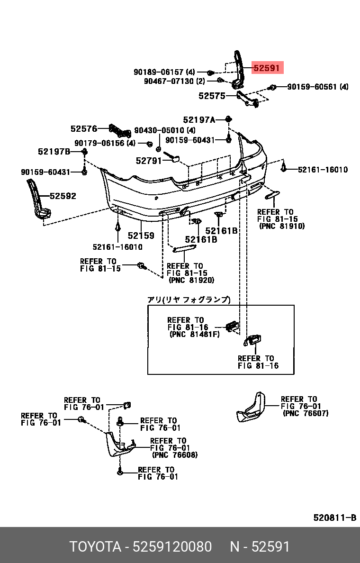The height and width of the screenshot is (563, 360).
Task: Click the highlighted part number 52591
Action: [267, 68]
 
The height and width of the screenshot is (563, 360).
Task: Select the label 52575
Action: [212, 96]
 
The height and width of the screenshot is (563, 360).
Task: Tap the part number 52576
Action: [84, 128]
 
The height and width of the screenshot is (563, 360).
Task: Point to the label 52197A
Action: [199, 120]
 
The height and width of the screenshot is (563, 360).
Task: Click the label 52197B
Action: [54, 152]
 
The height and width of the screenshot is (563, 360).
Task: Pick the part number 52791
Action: [149, 161]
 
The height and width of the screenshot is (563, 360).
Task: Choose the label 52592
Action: [63, 196]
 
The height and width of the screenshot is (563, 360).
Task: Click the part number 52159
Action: [141, 235]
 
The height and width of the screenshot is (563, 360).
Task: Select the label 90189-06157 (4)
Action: [164, 72]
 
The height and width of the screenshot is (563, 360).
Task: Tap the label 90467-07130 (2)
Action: [174, 81]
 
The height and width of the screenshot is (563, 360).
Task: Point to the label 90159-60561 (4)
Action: [317, 87]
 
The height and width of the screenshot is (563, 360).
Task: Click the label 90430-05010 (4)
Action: [164, 130]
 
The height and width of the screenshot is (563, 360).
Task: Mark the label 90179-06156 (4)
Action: [105, 143]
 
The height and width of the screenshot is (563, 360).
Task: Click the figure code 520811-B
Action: [334, 518]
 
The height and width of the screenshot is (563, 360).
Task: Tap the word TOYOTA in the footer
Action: [95, 547]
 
